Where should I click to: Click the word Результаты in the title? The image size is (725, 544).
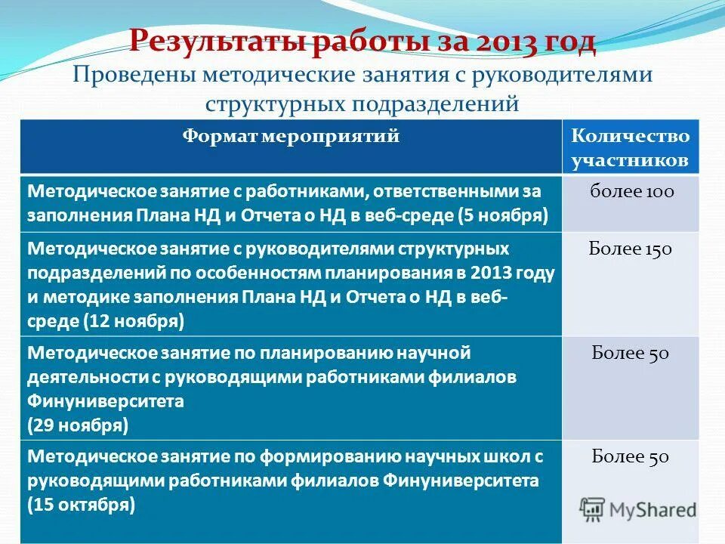tap(218, 42)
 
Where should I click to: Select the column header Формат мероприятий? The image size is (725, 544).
tap(291, 137)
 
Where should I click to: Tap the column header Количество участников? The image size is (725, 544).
tap(631, 148)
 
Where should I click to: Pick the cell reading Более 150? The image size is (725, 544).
tap(631, 249)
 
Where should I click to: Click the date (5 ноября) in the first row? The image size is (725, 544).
tap(503, 215)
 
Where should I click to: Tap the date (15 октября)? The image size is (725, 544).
tap(82, 504)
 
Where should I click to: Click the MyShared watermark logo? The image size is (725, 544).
tap(638, 508)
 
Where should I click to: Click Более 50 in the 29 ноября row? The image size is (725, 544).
tap(631, 353)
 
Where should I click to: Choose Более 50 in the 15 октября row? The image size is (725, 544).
tap(631, 456)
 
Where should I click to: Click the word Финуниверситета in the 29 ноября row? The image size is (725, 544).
tap(105, 400)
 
